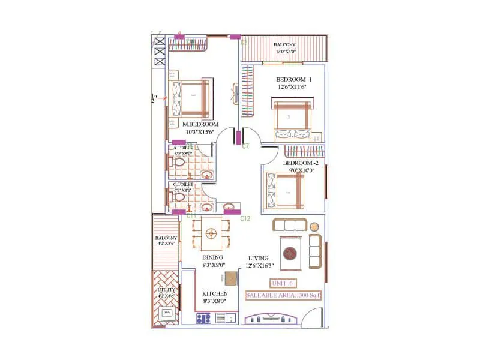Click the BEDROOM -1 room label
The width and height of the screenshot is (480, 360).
tap(293, 80)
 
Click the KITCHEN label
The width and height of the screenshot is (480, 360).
tap(214, 293)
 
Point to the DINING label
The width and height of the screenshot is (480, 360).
tap(212, 258)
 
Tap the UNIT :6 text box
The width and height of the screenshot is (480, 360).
tap(282, 283)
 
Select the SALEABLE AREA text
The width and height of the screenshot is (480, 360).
tap(283, 295)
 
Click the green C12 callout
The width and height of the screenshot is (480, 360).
tap(245, 218)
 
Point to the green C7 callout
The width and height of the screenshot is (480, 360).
tap(245, 146)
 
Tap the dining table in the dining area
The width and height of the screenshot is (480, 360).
tap(211, 234)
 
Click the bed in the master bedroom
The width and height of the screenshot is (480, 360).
tap(191, 99)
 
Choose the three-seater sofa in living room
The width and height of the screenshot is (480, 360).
tap(290, 225)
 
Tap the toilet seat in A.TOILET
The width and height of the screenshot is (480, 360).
tap(179, 163)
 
